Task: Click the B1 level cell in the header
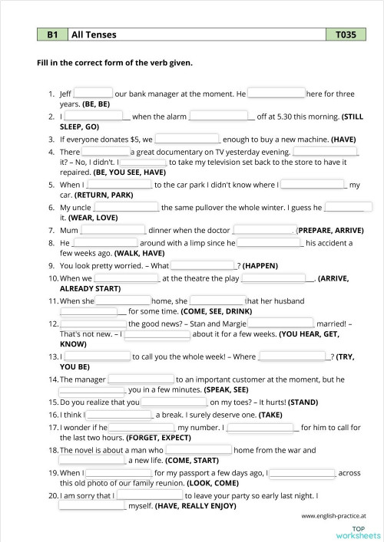pyautogui.click(x=52, y=34)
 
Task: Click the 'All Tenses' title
pyautogui.click(x=90, y=34)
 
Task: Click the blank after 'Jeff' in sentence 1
pyautogui.click(x=93, y=94)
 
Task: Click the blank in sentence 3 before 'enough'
pyautogui.click(x=187, y=140)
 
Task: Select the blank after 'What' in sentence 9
pyautogui.click(x=203, y=265)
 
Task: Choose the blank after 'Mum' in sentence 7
pyautogui.click(x=113, y=230)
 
